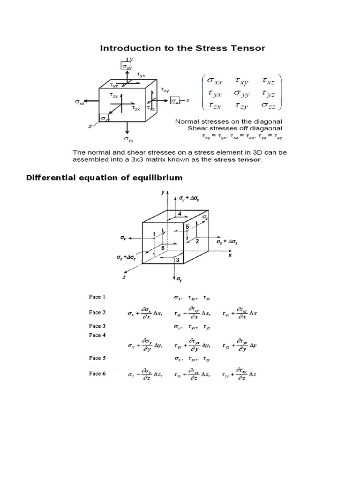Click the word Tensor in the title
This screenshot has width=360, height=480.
(x=247, y=48)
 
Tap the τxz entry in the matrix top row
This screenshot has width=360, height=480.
(x=270, y=81)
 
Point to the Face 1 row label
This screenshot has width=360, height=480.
(x=97, y=297)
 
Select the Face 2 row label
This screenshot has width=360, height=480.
(x=97, y=312)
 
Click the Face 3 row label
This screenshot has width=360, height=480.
(x=97, y=326)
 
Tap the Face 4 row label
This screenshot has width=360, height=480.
(x=97, y=335)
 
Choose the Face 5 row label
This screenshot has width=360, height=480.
(x=97, y=358)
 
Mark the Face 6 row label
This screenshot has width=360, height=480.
(x=97, y=374)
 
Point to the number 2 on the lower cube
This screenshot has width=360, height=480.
(x=197, y=241)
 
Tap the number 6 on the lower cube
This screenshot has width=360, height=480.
(x=162, y=247)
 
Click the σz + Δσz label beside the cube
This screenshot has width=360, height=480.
(x=126, y=258)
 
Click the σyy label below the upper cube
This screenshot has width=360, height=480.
(x=127, y=139)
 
